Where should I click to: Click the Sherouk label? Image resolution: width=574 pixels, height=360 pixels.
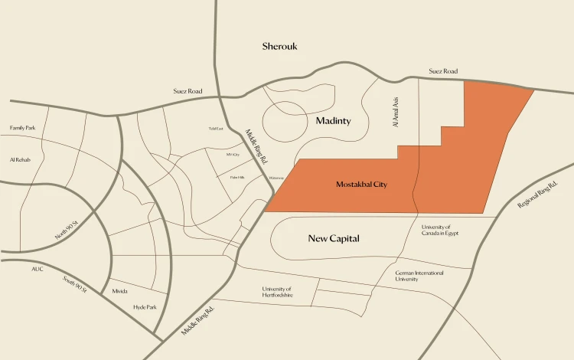(279, 47)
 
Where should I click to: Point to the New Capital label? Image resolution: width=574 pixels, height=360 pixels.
(334, 238)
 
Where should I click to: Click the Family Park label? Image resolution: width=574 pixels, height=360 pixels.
(22, 128)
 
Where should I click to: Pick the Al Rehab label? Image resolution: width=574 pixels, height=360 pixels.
(19, 160)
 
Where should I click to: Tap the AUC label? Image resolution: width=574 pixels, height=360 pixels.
(38, 270)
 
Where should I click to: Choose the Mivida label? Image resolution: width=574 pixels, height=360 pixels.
(119, 291)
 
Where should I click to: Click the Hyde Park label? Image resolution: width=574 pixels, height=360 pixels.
(145, 307)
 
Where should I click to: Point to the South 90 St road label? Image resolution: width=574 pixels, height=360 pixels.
(75, 285)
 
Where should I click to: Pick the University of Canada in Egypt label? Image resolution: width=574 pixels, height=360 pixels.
(439, 230)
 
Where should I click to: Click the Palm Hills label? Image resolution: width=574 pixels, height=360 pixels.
(237, 177)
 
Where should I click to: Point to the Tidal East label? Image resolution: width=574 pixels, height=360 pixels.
(216, 129)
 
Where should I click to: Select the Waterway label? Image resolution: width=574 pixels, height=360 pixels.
(276, 178)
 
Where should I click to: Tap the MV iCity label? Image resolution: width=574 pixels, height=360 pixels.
(233, 155)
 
